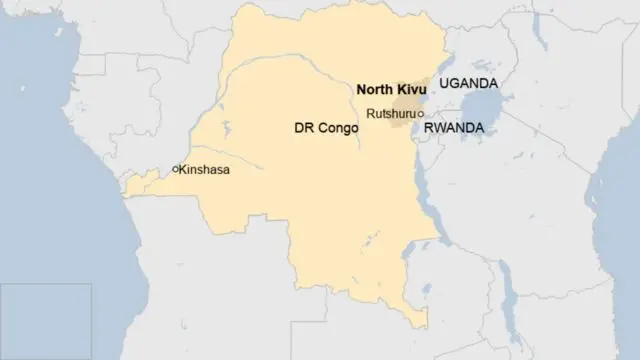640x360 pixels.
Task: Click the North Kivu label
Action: [387, 90]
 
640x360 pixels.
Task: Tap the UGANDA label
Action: [469, 85]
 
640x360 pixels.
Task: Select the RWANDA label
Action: [454, 129]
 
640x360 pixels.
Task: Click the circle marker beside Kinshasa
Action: [175, 170]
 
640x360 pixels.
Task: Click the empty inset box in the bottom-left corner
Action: [46, 320]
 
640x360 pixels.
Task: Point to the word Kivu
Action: [405, 90]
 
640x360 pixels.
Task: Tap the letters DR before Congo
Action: [302, 128]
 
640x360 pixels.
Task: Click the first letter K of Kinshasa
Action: [183, 170]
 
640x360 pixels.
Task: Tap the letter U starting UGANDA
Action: [444, 85]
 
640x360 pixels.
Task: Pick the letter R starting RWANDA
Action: [428, 129]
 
